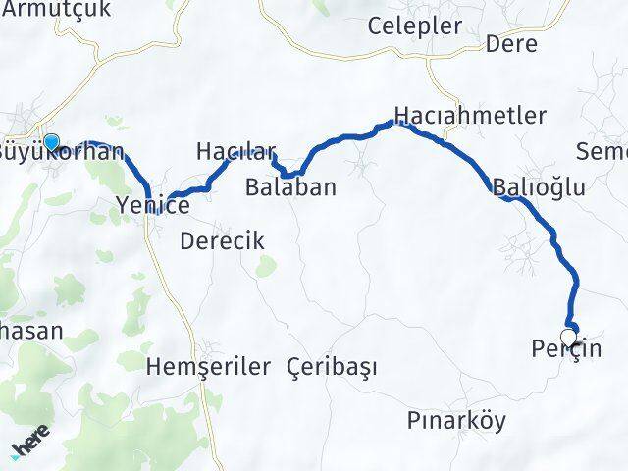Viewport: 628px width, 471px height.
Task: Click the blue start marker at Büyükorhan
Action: click(x=51, y=141)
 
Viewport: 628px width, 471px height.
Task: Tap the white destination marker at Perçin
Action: click(x=568, y=336)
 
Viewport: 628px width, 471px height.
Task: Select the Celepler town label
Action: click(x=414, y=26)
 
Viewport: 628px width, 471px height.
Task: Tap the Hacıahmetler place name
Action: click(x=470, y=115)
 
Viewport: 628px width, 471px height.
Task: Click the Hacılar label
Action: click(x=233, y=151)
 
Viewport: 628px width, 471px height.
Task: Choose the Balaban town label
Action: click(x=291, y=186)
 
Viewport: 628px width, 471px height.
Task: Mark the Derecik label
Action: click(x=222, y=240)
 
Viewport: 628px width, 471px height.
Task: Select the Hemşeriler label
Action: click(x=207, y=367)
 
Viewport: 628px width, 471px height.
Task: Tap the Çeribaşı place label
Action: click(x=333, y=367)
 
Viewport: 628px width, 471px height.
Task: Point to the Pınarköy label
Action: click(x=456, y=421)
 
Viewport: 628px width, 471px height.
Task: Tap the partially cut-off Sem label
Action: click(x=602, y=151)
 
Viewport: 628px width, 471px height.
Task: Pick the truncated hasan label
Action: click(x=30, y=331)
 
